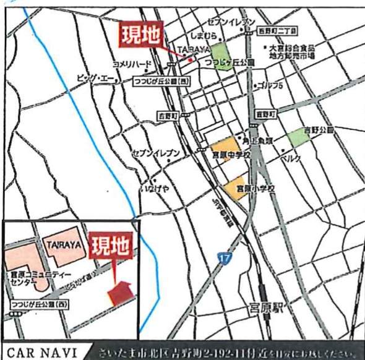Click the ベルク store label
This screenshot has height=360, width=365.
click(x=291, y=159)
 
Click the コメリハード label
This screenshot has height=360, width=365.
click(x=132, y=63)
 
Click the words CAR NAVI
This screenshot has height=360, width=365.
click(x=41, y=353)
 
